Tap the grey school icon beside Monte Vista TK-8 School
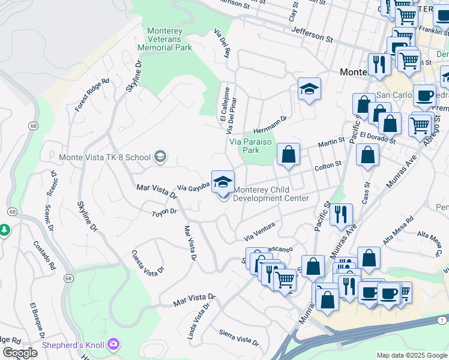(160, 157)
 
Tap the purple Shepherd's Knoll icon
(113, 345)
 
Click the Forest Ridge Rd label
(92, 95)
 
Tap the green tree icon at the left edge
(5, 230)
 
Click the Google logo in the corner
(20, 353)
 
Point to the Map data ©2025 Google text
(411, 355)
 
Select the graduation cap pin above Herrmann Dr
(309, 89)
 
